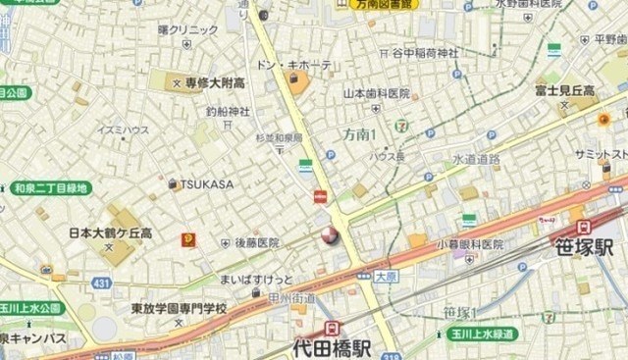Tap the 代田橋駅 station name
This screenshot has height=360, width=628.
332,347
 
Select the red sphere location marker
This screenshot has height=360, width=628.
326,234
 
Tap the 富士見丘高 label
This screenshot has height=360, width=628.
564,90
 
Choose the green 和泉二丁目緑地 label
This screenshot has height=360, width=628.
50,187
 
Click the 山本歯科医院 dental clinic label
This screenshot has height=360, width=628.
376,93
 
